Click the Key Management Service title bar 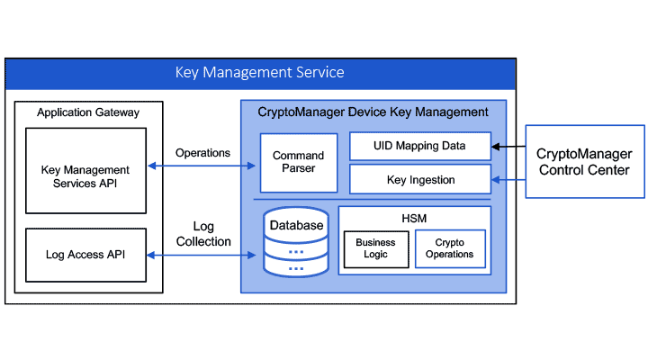(260, 72)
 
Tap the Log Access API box (85, 255)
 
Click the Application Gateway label (88, 112)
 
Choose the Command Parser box (298, 163)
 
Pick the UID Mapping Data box (419, 145)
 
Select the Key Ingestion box (419, 180)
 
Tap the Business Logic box (375, 249)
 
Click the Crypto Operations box (449, 249)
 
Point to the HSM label (414, 218)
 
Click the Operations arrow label (202, 153)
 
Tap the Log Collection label (202, 234)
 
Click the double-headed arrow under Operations (202, 166)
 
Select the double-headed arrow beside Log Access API (202, 256)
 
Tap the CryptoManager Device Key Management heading (373, 112)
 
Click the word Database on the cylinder (296, 225)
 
